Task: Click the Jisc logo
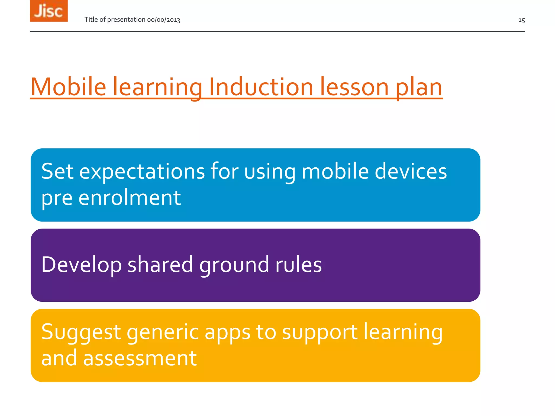(x=49, y=11)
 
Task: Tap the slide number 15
(x=521, y=20)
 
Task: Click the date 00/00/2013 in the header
(x=164, y=20)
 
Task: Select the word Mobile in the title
(x=68, y=87)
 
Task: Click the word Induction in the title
(x=261, y=87)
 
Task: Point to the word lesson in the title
(x=354, y=87)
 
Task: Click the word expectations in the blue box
(x=142, y=172)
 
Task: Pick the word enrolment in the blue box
(x=130, y=198)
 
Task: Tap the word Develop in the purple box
(x=82, y=265)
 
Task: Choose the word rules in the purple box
(x=298, y=264)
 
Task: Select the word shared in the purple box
(x=160, y=264)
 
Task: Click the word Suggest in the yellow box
(x=81, y=333)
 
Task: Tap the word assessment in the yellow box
(x=140, y=358)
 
